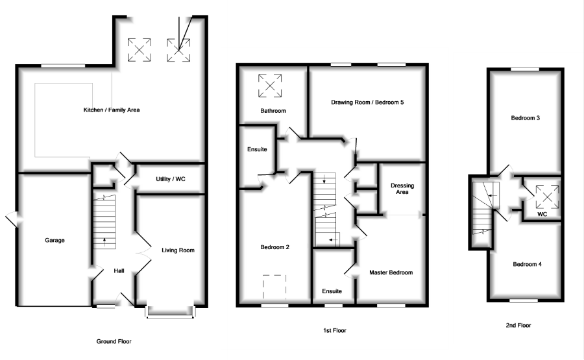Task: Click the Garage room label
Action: click(55, 240)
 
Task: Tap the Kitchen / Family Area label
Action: click(112, 110)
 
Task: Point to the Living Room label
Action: click(178, 250)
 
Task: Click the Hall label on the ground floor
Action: click(119, 270)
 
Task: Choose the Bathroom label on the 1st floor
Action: click(273, 111)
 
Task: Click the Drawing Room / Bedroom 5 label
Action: click(368, 102)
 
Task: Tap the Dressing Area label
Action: click(402, 189)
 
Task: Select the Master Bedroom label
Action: click(391, 272)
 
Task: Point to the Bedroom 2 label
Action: click(274, 246)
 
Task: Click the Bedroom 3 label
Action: click(526, 118)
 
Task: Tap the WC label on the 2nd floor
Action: click(542, 214)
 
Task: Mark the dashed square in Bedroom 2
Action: click(274, 286)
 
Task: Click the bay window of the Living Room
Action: click(171, 313)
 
